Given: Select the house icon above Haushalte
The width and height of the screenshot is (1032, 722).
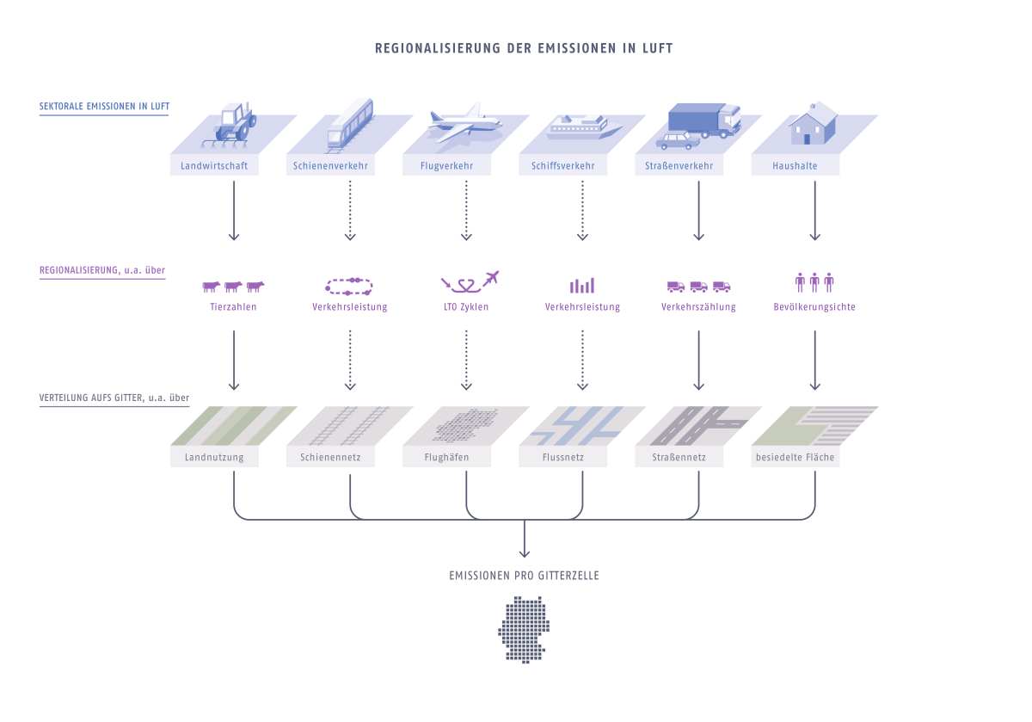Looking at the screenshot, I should click(x=813, y=122).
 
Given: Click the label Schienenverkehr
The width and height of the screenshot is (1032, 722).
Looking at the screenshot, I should click(x=331, y=166).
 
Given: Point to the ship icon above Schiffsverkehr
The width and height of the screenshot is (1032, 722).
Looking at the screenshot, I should click(x=584, y=128).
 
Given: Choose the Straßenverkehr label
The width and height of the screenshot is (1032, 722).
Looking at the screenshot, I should click(x=679, y=166).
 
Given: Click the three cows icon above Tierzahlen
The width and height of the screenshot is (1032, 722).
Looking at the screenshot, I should click(x=233, y=287).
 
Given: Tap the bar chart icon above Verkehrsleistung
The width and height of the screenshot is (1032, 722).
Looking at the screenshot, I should click(x=582, y=285).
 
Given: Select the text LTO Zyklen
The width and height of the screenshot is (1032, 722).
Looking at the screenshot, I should click(x=465, y=307).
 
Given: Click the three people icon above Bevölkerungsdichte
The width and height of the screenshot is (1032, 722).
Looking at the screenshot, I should click(x=814, y=282).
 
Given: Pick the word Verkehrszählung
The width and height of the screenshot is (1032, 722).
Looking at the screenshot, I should click(x=698, y=307).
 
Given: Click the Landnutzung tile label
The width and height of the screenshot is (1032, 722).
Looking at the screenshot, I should click(x=214, y=458).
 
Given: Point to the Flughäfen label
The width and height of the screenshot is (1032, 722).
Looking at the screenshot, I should click(x=447, y=458).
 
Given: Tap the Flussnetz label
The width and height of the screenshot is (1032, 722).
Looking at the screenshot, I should click(x=563, y=458).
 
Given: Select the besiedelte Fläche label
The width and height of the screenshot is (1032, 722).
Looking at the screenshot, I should click(x=795, y=458).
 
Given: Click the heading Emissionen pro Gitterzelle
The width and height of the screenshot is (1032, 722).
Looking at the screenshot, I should click(x=524, y=576).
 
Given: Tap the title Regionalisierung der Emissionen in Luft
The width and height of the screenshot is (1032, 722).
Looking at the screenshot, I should click(x=524, y=49).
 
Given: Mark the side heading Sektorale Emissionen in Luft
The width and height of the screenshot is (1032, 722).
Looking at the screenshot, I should click(x=104, y=108).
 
